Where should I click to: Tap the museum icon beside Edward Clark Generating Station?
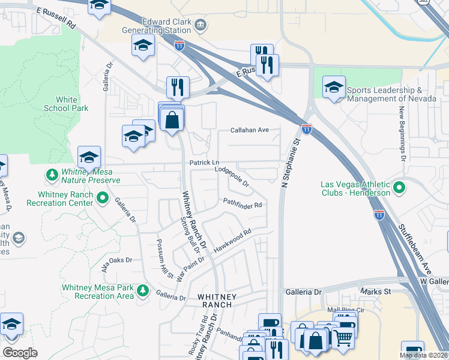click(200, 25)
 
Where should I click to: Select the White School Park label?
click(66, 104)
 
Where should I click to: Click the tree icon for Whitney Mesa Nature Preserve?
click(52, 175)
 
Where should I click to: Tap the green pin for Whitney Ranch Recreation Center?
click(102, 197)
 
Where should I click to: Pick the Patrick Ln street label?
click(205, 163)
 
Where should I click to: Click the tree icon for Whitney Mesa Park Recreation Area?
click(142, 291)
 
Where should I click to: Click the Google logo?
click(20, 352)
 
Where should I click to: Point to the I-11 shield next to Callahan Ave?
click(306, 129)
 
